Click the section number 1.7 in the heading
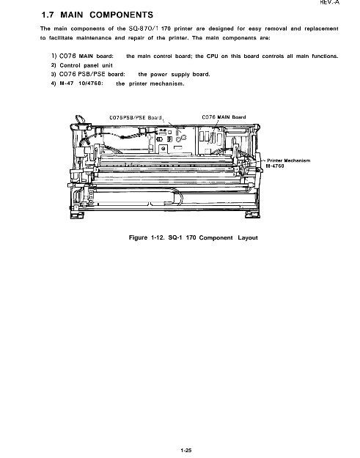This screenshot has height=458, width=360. (x=48, y=15)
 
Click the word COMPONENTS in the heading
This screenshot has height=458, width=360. (x=121, y=15)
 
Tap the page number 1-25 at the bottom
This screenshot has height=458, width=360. (x=186, y=450)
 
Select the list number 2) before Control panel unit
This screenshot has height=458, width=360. (x=54, y=65)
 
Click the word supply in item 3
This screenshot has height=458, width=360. (x=177, y=75)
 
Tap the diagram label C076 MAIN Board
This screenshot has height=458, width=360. (x=224, y=117)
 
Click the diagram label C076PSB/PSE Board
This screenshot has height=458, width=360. (x=136, y=117)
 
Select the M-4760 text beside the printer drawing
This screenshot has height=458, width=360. (x=275, y=166)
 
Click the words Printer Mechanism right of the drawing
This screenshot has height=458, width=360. (x=289, y=160)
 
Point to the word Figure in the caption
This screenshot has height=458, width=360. (x=138, y=237)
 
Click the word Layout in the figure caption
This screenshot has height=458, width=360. (x=248, y=237)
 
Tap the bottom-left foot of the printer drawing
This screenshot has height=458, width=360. (x=77, y=215)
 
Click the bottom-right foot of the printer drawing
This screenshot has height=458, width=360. (x=253, y=215)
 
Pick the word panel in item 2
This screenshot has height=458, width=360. (x=91, y=65)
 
